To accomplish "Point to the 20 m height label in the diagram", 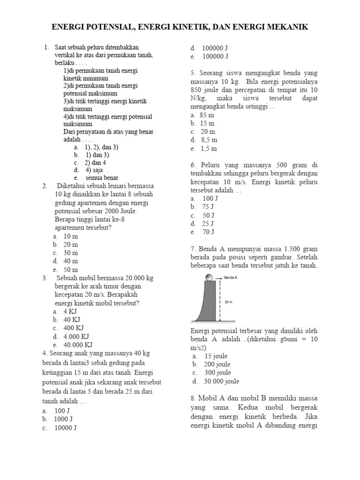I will [x=229, y=302].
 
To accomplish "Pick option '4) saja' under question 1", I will [x=94, y=170].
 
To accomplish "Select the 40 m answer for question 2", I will [x=71, y=261].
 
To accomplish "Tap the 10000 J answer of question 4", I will [x=66, y=427].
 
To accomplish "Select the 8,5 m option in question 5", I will [x=209, y=140].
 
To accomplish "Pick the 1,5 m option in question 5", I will [x=209, y=149].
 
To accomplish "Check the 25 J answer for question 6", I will [x=208, y=224].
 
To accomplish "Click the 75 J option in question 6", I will [x=208, y=207].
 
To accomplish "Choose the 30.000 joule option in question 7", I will [x=222, y=381].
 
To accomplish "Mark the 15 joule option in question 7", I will [x=215, y=356].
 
